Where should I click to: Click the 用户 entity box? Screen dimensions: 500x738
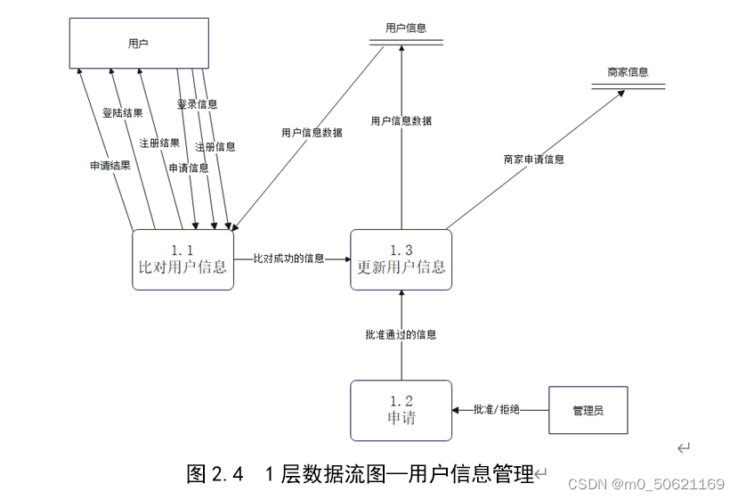[139, 43]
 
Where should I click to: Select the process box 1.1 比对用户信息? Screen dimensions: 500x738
[182, 259]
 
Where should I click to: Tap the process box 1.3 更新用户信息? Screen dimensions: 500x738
[401, 259]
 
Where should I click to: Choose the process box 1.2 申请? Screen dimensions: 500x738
[401, 410]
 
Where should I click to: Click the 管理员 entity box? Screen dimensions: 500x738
[588, 410]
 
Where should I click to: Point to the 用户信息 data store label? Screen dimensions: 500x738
[405, 29]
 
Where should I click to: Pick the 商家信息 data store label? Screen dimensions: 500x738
[628, 72]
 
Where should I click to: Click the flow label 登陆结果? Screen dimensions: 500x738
[122, 113]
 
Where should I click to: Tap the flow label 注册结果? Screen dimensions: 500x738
[159, 143]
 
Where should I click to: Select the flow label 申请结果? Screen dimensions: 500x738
[110, 166]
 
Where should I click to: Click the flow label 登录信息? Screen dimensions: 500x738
[197, 104]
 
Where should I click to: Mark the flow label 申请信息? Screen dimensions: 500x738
[189, 168]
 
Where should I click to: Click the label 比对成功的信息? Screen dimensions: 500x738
[288, 258]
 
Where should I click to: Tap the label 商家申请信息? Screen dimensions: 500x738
[533, 160]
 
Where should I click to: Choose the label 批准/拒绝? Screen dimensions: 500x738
[497, 410]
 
